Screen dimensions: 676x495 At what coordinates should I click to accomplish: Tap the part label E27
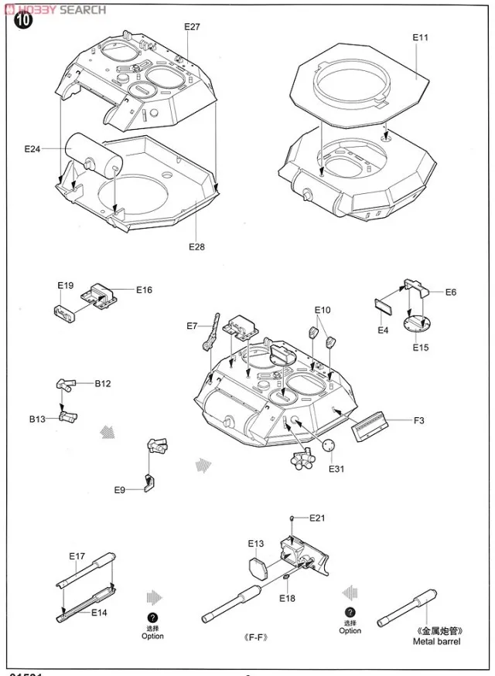(192, 27)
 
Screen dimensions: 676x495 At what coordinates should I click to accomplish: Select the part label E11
(420, 36)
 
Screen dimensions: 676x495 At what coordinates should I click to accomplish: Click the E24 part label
(32, 149)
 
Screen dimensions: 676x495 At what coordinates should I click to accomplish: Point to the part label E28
(196, 246)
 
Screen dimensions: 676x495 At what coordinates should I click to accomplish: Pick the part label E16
(144, 290)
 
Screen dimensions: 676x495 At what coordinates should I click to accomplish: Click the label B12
(103, 383)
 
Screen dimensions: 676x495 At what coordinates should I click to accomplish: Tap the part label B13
(38, 419)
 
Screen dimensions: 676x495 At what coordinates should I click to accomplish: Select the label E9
(120, 490)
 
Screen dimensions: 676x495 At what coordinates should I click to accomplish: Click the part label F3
(418, 420)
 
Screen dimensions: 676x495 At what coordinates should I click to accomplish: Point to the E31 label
(335, 469)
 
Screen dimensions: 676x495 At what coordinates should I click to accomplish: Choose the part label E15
(420, 347)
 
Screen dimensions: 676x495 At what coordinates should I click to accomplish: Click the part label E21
(318, 518)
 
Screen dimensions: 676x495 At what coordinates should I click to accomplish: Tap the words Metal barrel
(437, 641)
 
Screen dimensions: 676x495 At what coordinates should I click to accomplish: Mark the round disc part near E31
(329, 446)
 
